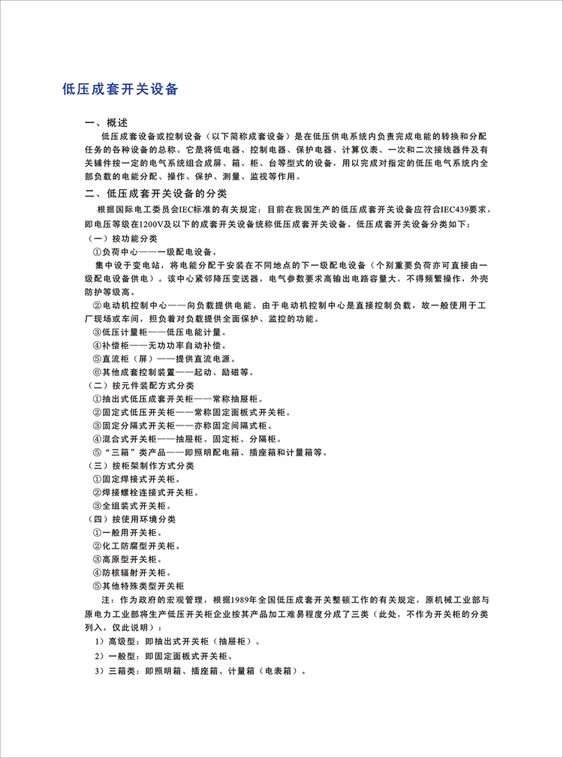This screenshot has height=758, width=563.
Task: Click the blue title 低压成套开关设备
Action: [x=120, y=89]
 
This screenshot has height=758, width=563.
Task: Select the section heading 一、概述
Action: [x=107, y=122]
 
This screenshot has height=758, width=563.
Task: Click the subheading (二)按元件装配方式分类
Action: [x=140, y=385]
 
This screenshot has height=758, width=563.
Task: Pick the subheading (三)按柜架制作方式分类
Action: [x=140, y=465]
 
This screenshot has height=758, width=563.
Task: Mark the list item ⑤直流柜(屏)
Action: [x=158, y=359]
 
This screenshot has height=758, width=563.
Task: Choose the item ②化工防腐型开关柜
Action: [x=135, y=546]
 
